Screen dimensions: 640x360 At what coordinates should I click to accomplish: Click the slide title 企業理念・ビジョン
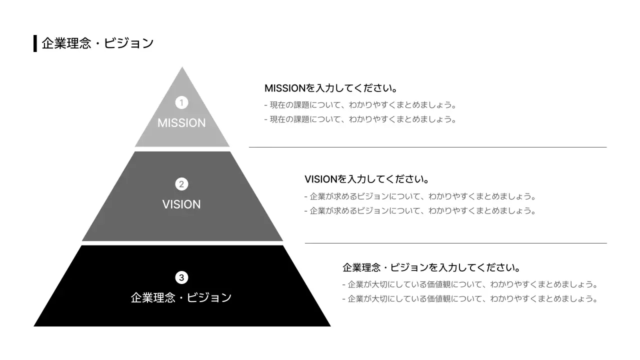click(x=97, y=43)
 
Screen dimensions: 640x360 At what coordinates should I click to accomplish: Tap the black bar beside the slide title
click(x=35, y=43)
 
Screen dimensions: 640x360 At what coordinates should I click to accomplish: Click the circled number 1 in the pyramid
click(x=181, y=102)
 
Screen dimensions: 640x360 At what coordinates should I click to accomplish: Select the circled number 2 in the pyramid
click(x=181, y=184)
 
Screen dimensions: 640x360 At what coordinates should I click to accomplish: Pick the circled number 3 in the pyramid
click(x=181, y=277)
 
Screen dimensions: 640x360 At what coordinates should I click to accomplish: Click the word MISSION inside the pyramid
click(x=181, y=123)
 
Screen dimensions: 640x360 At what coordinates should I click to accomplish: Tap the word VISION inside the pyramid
click(x=181, y=204)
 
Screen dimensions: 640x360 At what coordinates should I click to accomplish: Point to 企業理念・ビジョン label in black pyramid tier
click(x=181, y=297)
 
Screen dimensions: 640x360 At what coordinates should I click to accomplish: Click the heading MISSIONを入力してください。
click(x=331, y=88)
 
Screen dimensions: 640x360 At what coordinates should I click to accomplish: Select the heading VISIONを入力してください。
click(x=367, y=179)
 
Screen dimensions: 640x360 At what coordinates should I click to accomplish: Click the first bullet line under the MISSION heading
click(x=360, y=105)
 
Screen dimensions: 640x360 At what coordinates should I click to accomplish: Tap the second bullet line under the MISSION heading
click(x=360, y=119)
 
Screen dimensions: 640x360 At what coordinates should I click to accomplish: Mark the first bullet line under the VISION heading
click(x=420, y=196)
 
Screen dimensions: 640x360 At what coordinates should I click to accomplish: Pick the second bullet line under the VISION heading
click(x=420, y=211)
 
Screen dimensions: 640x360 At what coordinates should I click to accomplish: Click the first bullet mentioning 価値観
click(x=470, y=284)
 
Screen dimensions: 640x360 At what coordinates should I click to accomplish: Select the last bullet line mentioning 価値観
click(x=470, y=299)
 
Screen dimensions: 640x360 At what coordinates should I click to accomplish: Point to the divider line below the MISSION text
click(x=427, y=147)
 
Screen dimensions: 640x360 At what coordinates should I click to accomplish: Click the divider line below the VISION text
click(x=455, y=243)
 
